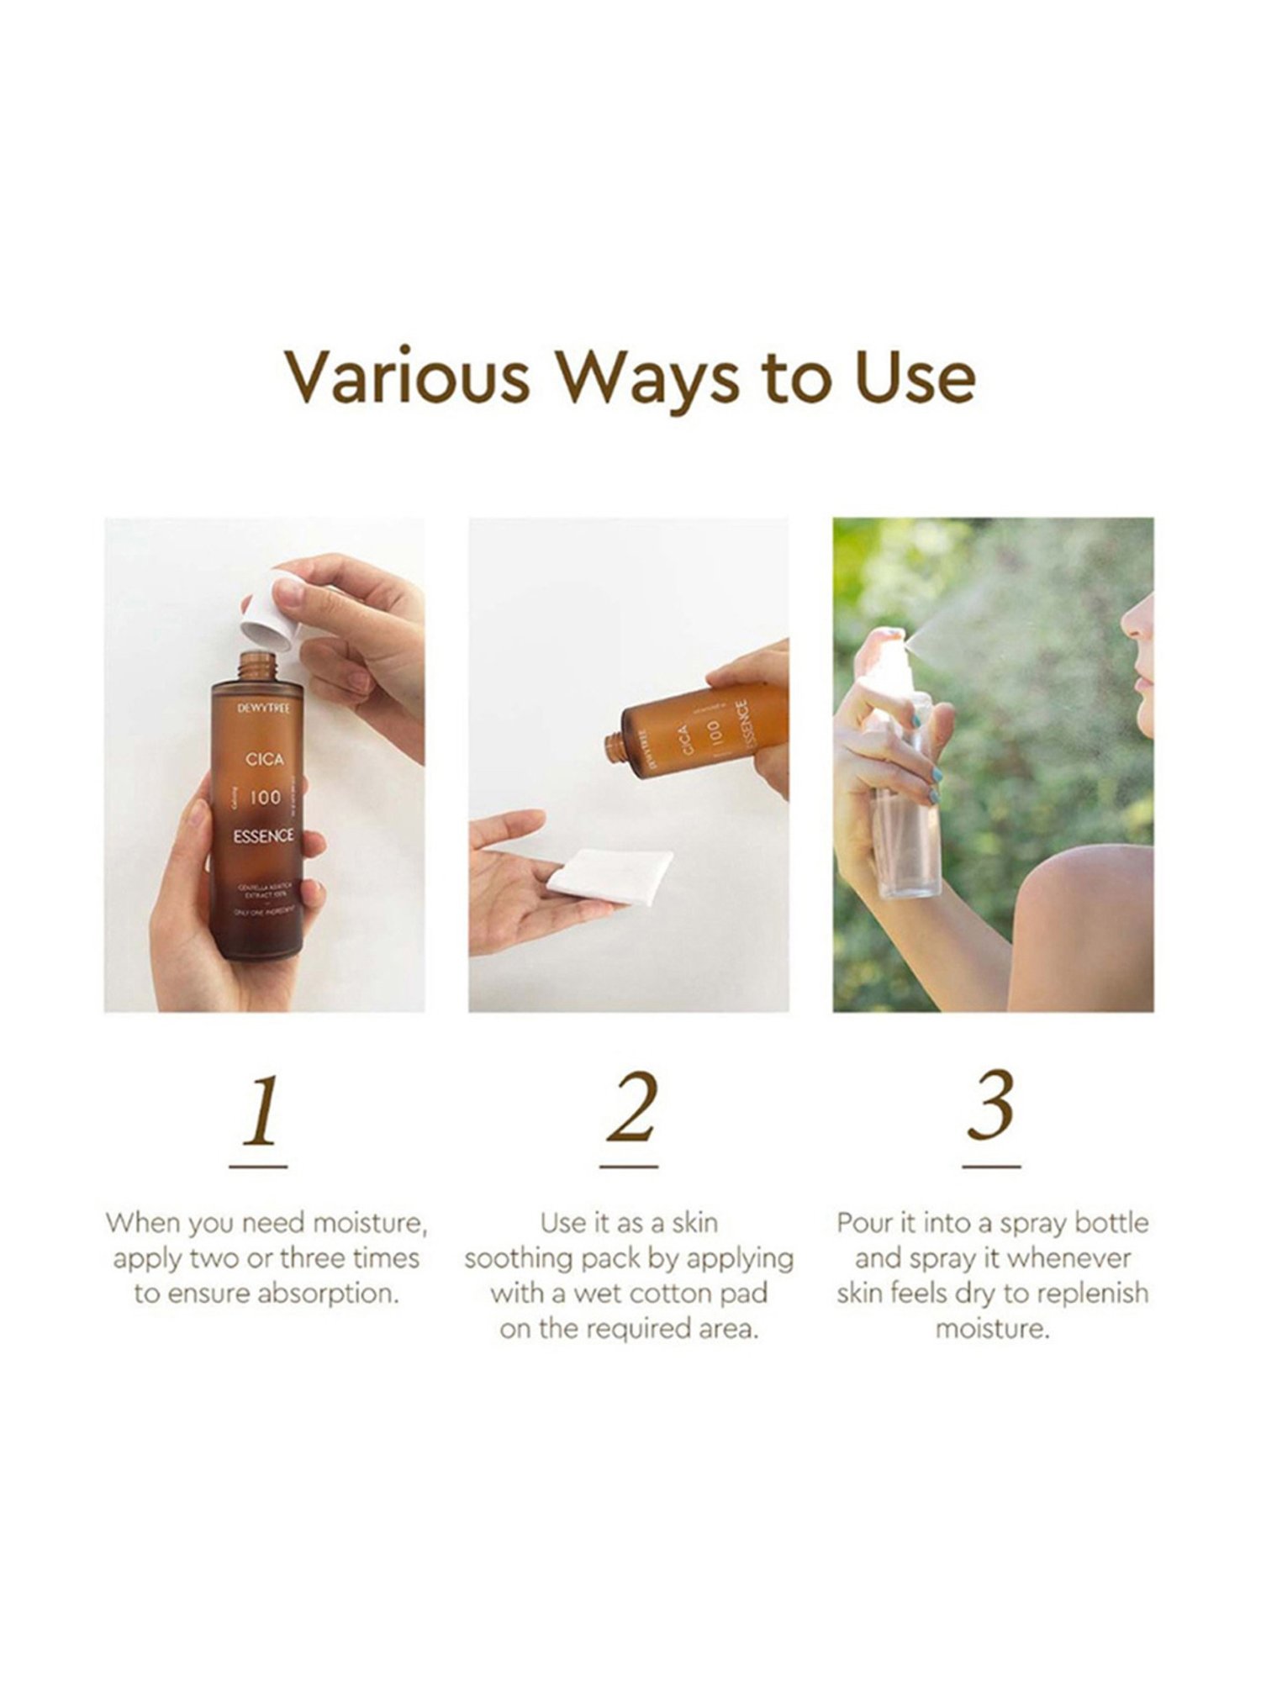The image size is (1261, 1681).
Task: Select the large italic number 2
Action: [630, 1109]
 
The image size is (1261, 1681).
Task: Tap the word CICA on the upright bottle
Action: [264, 759]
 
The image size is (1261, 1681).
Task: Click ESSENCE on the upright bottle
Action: [264, 835]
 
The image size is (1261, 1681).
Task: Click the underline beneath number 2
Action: [629, 1167]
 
